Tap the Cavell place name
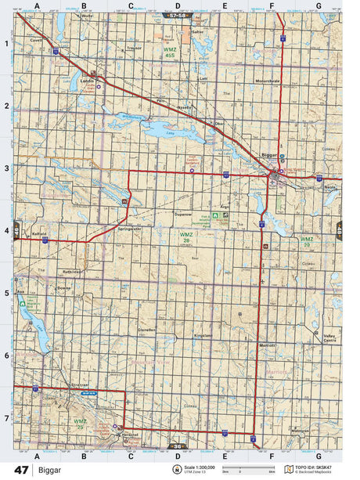(x=35, y=38)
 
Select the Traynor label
(x=135, y=48)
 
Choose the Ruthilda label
(x=73, y=272)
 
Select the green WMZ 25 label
(x=80, y=424)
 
